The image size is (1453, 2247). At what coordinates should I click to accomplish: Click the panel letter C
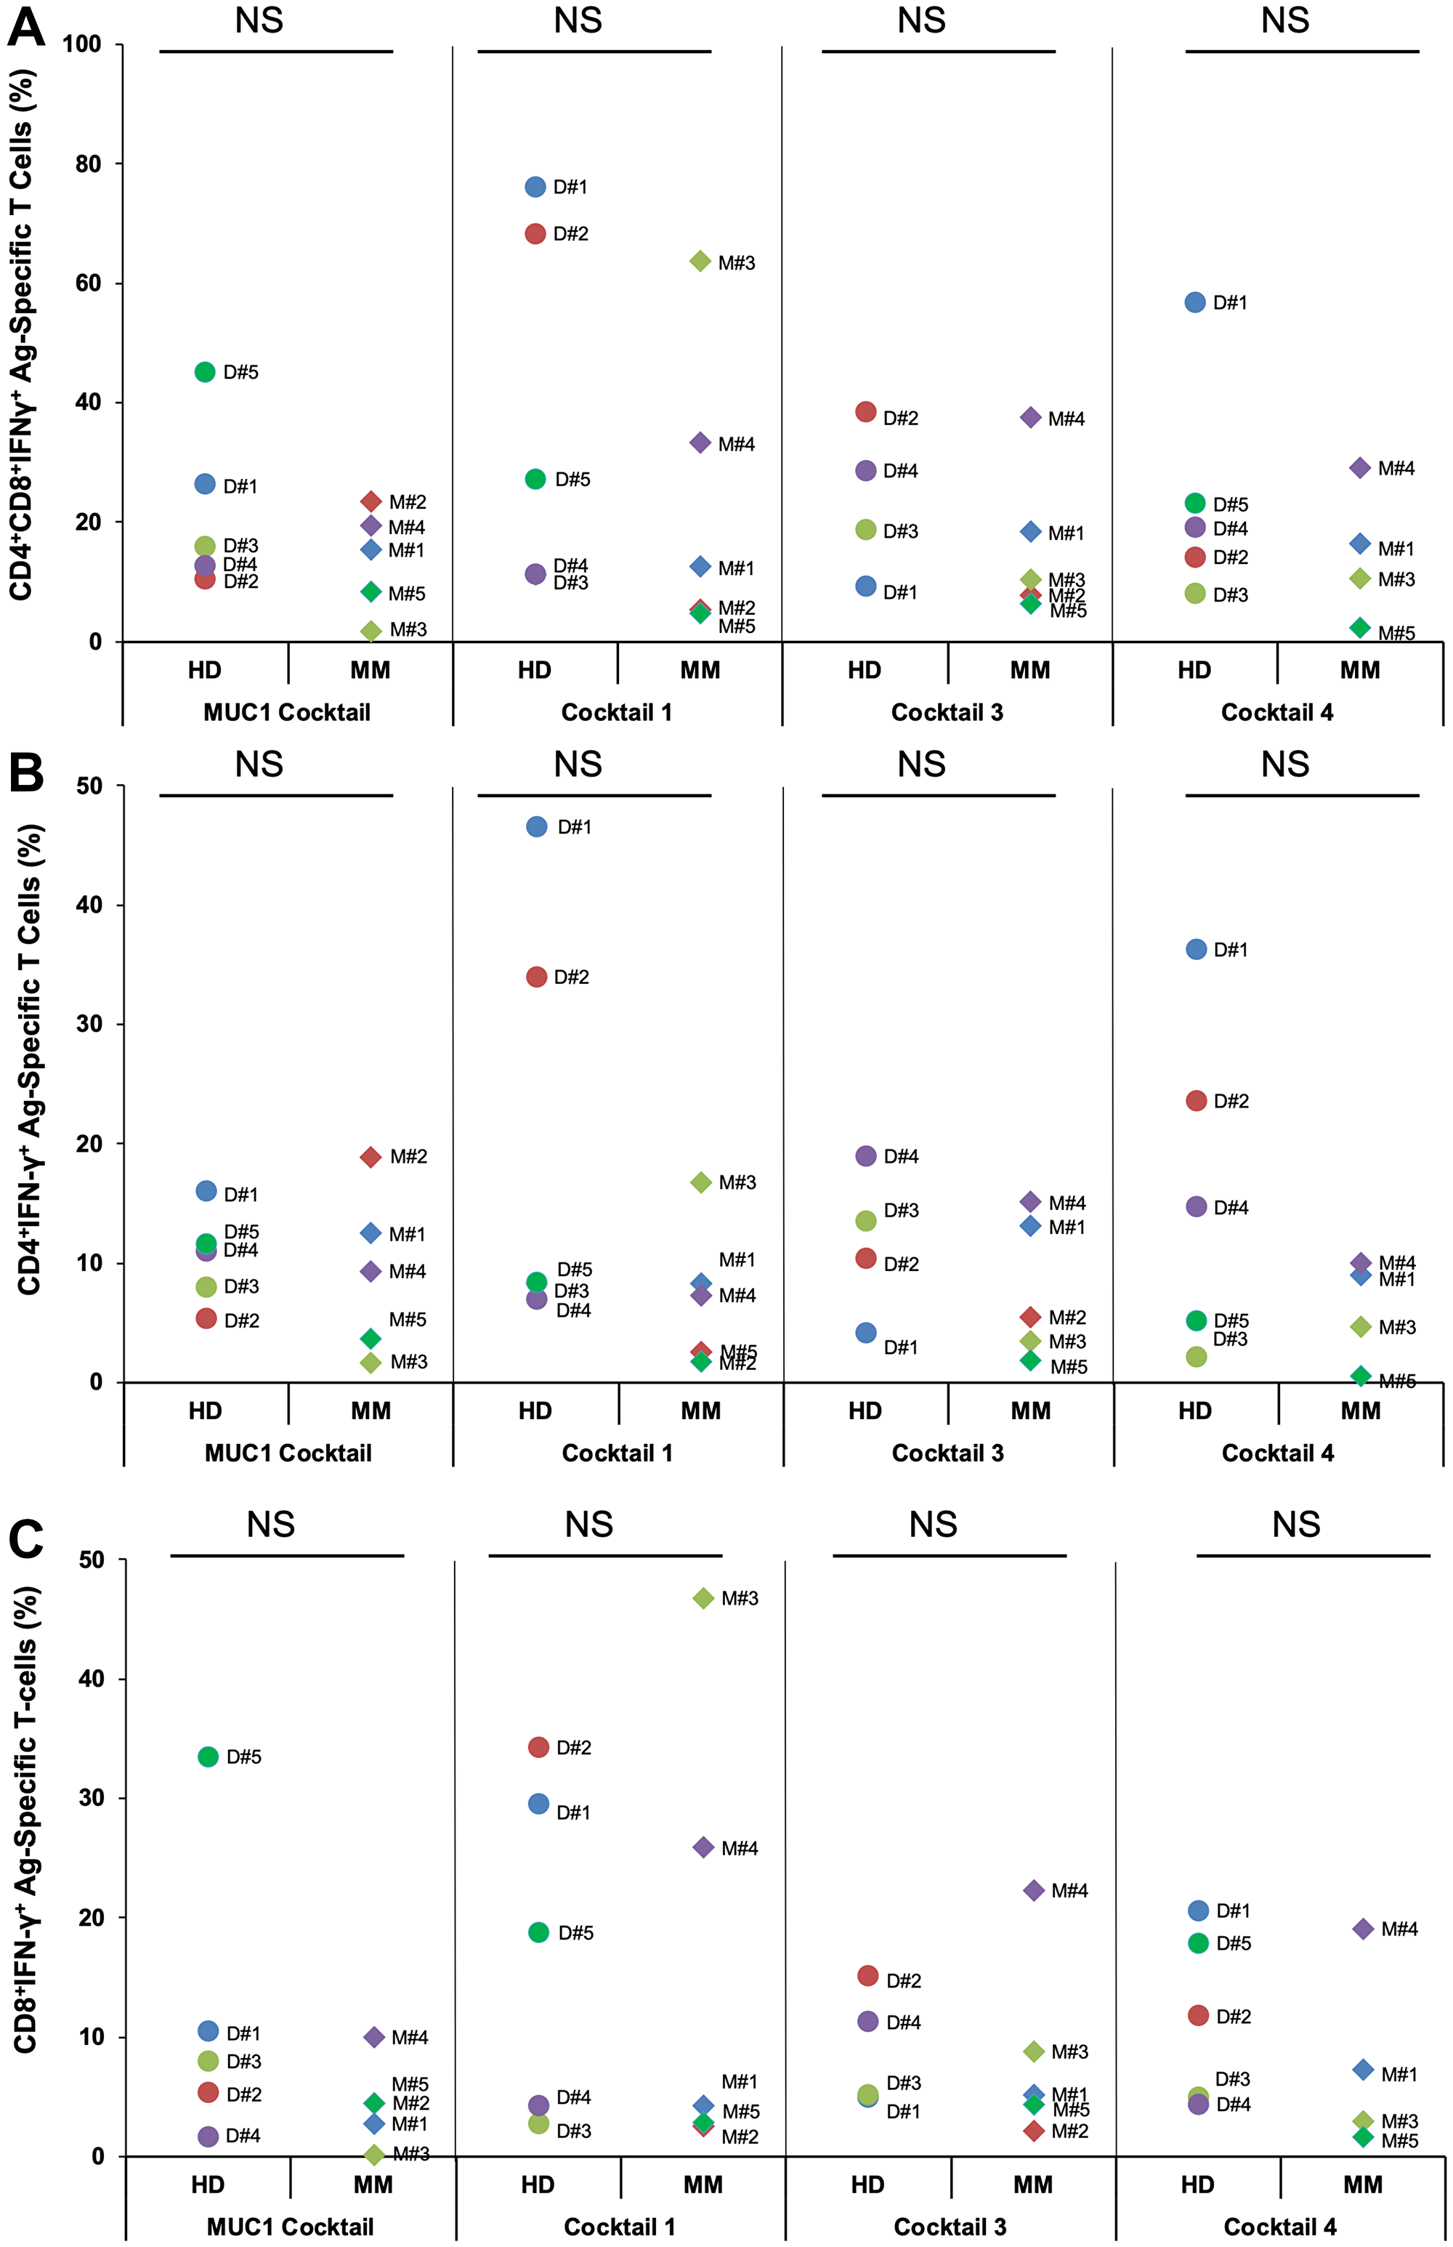click(x=25, y=1538)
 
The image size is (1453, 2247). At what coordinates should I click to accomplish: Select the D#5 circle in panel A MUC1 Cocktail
click(x=205, y=372)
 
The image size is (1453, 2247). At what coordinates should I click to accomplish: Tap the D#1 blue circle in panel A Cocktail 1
click(x=535, y=187)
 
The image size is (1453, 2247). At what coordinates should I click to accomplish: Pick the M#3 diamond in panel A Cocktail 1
click(x=700, y=262)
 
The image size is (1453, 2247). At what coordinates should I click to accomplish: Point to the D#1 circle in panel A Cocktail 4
click(x=1194, y=302)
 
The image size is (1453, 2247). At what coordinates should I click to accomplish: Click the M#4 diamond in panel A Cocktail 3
click(x=1030, y=417)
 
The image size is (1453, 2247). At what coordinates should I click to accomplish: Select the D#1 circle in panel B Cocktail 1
click(x=536, y=827)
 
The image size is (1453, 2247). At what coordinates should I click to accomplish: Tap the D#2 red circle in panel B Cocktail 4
click(x=1195, y=1100)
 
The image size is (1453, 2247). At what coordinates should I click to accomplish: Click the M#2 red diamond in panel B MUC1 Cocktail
click(x=371, y=1157)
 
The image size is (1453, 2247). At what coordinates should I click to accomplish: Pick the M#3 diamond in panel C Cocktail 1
click(x=703, y=1598)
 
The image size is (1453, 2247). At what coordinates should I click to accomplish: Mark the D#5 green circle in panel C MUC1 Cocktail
click(x=209, y=1756)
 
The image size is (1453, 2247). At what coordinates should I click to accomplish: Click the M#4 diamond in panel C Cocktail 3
click(x=1033, y=1890)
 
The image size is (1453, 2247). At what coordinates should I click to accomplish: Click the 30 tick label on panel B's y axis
click(x=89, y=1024)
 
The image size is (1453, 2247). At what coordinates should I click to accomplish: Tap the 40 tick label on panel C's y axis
click(x=91, y=1679)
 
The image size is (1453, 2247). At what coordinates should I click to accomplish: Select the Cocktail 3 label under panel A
click(x=947, y=712)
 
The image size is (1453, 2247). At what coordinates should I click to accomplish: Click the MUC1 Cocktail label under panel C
click(x=290, y=2227)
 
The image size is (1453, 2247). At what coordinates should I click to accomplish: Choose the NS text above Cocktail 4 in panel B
click(x=1284, y=764)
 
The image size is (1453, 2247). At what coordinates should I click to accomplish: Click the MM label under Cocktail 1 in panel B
click(x=700, y=1411)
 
